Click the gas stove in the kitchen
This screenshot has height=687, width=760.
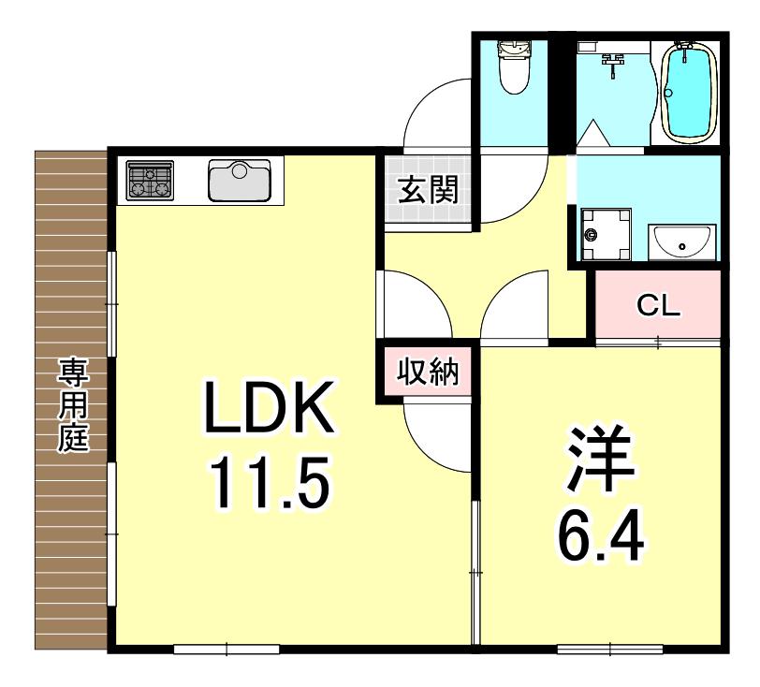click(x=150, y=181)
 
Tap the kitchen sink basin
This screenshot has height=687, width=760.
click(x=240, y=181)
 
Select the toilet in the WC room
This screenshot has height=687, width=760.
click(x=514, y=67)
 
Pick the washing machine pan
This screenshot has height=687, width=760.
click(x=606, y=234)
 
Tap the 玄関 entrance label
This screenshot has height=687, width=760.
click(x=428, y=190)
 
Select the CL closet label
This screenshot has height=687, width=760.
click(x=658, y=305)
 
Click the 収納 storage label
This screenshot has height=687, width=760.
click(x=428, y=373)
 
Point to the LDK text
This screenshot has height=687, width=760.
click(x=270, y=408)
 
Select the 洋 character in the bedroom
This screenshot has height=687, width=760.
click(x=601, y=459)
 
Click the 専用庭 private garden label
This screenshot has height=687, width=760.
click(x=74, y=405)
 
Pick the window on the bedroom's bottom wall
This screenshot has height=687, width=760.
click(x=609, y=649)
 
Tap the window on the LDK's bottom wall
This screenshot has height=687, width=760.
click(x=227, y=649)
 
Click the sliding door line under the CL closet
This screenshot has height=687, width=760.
click(x=658, y=343)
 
